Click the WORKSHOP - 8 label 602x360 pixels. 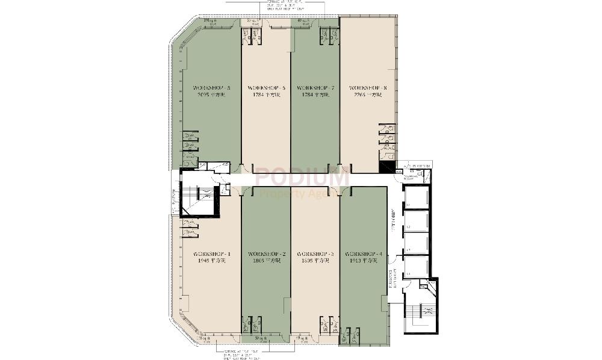point(368,87)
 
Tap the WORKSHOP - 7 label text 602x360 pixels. point(315,87)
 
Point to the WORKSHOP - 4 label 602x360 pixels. point(362,254)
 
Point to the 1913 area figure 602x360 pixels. point(362,261)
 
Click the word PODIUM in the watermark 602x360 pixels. point(301,178)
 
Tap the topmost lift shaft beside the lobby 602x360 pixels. point(416,197)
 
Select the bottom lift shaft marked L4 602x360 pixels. point(416,267)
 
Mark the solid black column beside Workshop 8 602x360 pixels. point(386,168)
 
